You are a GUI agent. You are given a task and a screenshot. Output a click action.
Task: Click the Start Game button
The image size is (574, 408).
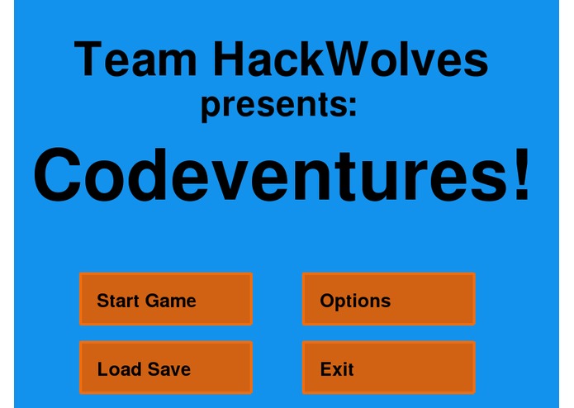click(x=165, y=299)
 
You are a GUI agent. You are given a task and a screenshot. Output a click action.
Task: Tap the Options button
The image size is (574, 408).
click(x=388, y=299)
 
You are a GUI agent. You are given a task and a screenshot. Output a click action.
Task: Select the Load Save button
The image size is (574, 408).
click(x=165, y=368)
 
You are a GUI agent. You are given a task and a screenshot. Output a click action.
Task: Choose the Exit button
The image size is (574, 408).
click(x=388, y=368)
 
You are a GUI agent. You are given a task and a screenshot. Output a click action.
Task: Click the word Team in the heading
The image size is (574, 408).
click(x=136, y=60)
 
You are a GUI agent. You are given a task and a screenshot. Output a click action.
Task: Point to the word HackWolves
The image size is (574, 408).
click(x=350, y=60)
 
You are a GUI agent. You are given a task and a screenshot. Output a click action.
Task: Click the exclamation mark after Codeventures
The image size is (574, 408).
click(x=521, y=176)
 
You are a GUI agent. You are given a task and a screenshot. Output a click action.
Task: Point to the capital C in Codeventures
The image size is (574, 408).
click(x=59, y=176)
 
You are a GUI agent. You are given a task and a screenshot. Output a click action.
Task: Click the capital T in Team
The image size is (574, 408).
click(x=89, y=60)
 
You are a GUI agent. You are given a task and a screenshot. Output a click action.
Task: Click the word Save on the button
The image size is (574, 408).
click(x=169, y=369)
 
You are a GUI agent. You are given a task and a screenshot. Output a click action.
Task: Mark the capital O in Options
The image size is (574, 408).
click(x=327, y=301)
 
